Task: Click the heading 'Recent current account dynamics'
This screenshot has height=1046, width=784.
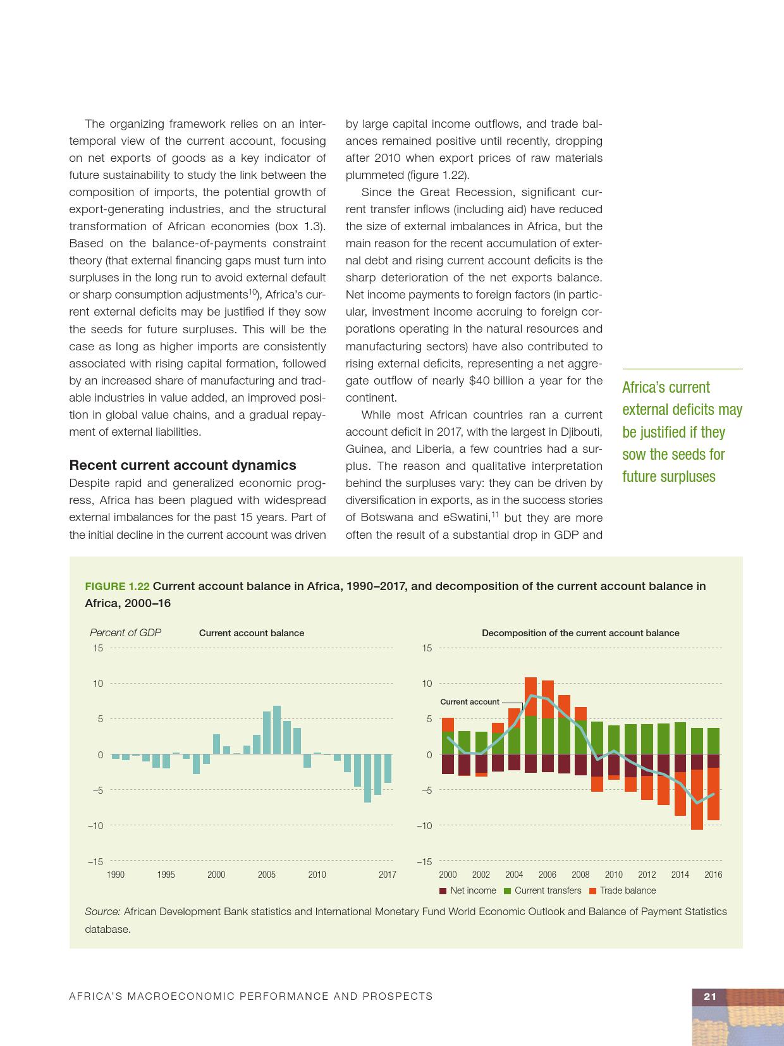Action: pos(182,465)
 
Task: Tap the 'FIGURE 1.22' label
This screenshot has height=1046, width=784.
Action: pos(117,586)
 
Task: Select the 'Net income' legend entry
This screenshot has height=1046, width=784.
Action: pos(468,890)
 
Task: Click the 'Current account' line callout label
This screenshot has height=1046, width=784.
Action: pos(469,701)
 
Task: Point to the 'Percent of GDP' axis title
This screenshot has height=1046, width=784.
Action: pos(125,632)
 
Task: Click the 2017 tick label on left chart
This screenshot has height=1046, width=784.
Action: pos(387,875)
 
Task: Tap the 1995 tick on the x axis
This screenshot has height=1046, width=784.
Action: pos(166,875)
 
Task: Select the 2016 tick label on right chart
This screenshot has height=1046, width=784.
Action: pos(713,875)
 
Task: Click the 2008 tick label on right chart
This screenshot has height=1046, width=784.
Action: pos(580,875)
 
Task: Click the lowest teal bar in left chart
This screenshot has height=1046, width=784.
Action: pos(367,778)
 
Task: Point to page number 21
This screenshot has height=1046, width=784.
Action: pos(709,996)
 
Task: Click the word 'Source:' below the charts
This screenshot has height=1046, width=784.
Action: pos(102,911)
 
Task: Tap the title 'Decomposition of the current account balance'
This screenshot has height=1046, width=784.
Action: pos(580,633)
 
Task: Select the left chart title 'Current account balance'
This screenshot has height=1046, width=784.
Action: pos(252,633)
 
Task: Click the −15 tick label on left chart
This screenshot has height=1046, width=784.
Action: pos(95,861)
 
